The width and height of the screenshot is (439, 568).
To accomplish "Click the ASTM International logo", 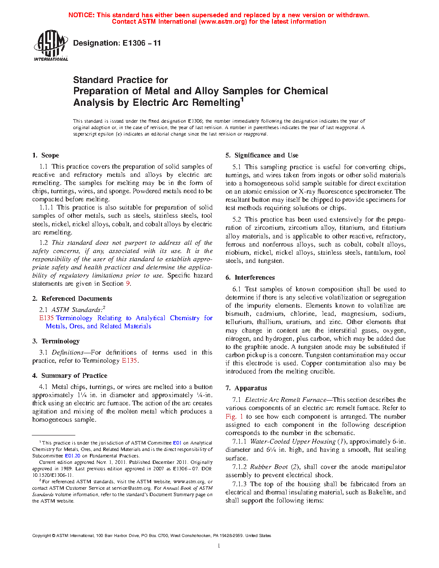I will coord(50,45).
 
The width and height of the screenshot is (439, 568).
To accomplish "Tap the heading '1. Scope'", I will coord(46,155).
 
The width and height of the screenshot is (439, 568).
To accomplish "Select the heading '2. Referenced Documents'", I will coord(72,299).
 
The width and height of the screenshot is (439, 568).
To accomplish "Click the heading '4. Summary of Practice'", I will coord(70,376).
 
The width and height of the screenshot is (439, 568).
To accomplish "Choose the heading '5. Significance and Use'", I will coord(262,155).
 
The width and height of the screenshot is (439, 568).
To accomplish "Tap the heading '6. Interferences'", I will coord(250,278).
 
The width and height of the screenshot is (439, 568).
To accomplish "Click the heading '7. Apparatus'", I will coord(246,388).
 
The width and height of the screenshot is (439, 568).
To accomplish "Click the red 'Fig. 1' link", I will coord(234,417).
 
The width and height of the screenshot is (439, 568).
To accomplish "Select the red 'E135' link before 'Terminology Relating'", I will coord(46,318).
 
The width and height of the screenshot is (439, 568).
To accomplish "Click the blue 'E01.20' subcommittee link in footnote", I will coord(72,456).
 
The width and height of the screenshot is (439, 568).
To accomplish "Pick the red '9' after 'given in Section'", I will coord(128,284).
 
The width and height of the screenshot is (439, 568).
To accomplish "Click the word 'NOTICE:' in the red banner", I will coord(81,15).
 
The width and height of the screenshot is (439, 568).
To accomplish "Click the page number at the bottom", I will coord(219,546).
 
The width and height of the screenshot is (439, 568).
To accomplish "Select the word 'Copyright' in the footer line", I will coord(41,536).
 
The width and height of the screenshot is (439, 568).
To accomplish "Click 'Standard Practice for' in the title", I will coord(120,80).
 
